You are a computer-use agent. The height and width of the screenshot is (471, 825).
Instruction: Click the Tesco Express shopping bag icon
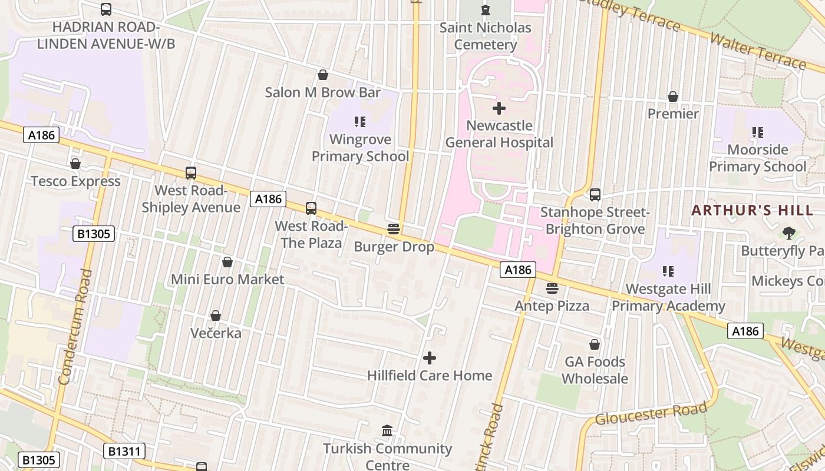(x=75, y=164)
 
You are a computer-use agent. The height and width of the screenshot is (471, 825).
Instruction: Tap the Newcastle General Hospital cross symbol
(x=499, y=108)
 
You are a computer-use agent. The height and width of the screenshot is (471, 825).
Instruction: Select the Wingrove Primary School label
(x=360, y=148)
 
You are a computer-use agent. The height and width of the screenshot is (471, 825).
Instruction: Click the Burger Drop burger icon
(x=394, y=229)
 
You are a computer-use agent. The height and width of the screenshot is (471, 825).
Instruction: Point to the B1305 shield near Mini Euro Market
(x=94, y=234)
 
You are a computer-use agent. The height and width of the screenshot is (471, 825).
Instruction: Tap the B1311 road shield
(x=124, y=452)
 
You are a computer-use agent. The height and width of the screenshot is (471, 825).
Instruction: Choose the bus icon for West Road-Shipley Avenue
(x=191, y=173)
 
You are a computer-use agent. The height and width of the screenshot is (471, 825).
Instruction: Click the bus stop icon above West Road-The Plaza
(x=311, y=208)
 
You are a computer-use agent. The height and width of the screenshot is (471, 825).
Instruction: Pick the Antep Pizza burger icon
(x=552, y=288)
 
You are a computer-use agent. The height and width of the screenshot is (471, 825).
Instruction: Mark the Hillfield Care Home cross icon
(x=430, y=358)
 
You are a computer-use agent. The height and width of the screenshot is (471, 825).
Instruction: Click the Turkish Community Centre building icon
(x=387, y=431)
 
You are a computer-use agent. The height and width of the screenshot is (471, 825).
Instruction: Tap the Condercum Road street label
(x=75, y=327)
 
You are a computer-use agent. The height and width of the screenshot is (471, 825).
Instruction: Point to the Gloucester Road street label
(x=651, y=414)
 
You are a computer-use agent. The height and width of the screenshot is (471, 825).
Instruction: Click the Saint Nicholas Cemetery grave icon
(x=485, y=10)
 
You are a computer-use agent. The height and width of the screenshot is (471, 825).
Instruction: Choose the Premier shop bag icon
(x=673, y=97)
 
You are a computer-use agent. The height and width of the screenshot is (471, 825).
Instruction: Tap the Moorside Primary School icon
(x=758, y=132)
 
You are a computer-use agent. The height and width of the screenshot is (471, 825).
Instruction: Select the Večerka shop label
(x=216, y=333)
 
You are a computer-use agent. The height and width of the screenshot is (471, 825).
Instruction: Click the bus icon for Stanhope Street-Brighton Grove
(x=595, y=195)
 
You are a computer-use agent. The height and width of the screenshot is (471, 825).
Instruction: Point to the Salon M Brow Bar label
(x=323, y=92)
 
